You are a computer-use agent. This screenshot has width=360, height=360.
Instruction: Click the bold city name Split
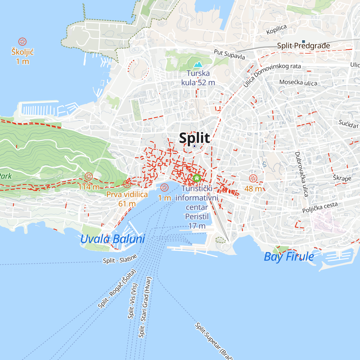tap(194, 138)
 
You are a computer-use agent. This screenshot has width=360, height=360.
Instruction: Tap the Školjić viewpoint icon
tap(22, 42)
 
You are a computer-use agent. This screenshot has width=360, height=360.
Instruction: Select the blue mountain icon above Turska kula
tap(198, 64)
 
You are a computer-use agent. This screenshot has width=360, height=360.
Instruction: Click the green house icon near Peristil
tap(196, 178)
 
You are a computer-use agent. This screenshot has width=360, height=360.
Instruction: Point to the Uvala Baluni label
tap(112, 239)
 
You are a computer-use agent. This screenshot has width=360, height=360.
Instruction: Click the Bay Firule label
tap(289, 257)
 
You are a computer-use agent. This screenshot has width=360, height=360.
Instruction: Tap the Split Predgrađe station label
tap(303, 46)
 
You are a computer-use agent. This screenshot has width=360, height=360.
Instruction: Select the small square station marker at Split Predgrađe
tap(304, 41)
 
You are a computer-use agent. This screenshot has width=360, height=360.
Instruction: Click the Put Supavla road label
tap(229, 54)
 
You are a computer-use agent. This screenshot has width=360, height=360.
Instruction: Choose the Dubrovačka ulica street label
tap(301, 174)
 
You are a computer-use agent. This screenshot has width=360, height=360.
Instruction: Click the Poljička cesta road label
tap(320, 207)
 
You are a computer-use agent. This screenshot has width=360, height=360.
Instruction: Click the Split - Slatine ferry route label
tap(120, 259)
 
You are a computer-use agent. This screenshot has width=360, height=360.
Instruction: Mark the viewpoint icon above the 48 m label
tap(253, 178)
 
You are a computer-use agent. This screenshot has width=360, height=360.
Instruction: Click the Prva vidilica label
tap(127, 194)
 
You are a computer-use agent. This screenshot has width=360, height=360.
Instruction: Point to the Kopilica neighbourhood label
tap(276, 29)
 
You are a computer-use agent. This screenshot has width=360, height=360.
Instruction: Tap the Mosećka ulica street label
tap(298, 82)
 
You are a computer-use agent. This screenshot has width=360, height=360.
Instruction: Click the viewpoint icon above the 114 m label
tap(88, 176)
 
